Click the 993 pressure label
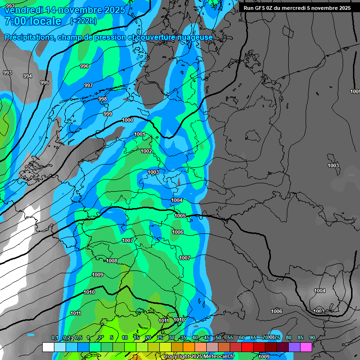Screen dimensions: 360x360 pyautogui.click(x=7, y=73)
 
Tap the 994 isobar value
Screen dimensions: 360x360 pyautogui.click(x=28, y=76)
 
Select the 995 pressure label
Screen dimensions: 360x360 pyautogui.click(x=45, y=82)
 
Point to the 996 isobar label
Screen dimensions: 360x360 pyautogui.click(x=84, y=66)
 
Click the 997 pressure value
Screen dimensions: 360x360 pyautogui.click(x=88, y=85)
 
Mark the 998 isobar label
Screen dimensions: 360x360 pyautogui.click(x=103, y=99)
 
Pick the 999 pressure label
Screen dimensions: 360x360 pyautogui.click(x=108, y=114)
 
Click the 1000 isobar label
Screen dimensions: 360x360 pyautogui.click(x=127, y=120)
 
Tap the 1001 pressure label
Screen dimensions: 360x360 pyautogui.click(x=140, y=135)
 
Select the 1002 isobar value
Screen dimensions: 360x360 pyautogui.click(x=146, y=151)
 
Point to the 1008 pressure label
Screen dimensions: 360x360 pyautogui.click(x=112, y=261)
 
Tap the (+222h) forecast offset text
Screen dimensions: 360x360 pyautogui.click(x=83, y=21)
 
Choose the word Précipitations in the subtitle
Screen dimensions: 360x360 pyautogui.click(x=28, y=37)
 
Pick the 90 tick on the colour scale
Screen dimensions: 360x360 pyautogui.click(x=312, y=337)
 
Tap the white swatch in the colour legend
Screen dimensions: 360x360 pyautogui.click(x=48, y=347)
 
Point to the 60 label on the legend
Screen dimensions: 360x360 pyautogui.click(x=241, y=337)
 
